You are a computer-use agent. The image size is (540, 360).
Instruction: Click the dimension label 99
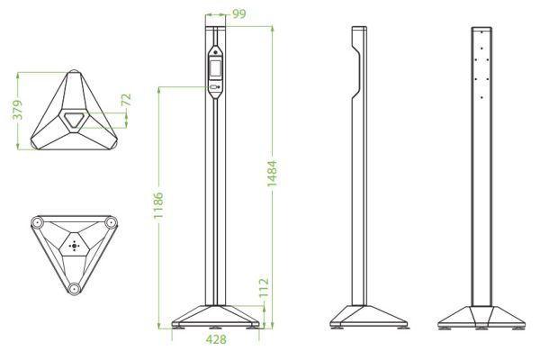click(x=238, y=13)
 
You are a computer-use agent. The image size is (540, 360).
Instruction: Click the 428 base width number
click(x=216, y=339)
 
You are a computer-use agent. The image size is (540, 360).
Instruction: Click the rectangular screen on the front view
click(x=216, y=67)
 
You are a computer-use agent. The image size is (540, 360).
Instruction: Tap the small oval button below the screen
click(x=216, y=87)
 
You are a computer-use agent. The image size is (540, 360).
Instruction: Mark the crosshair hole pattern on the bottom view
click(x=74, y=245)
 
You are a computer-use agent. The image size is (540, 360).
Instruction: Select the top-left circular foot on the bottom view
click(x=38, y=222)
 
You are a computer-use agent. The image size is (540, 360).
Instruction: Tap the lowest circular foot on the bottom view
click(x=73, y=287)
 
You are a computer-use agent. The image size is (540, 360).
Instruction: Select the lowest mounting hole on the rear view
click(x=483, y=96)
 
